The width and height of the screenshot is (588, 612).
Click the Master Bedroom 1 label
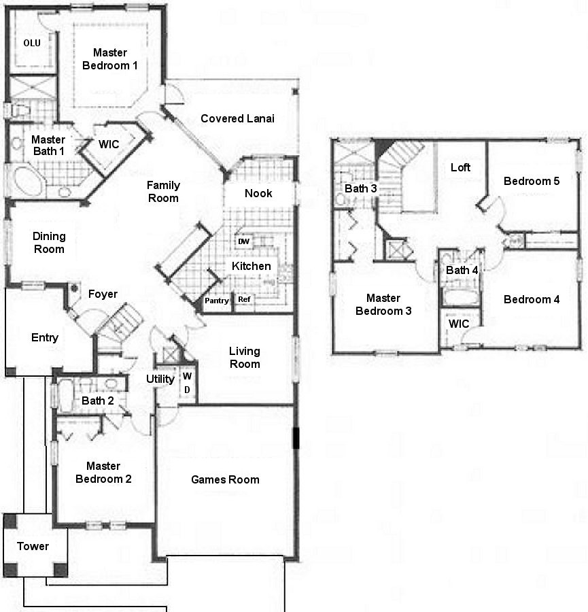click(x=116, y=59)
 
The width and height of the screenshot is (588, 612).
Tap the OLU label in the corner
click(x=32, y=43)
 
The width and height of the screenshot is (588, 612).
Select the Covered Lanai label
click(x=237, y=118)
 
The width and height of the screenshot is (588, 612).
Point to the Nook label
click(x=258, y=193)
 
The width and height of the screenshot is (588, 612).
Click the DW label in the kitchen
click(x=243, y=241)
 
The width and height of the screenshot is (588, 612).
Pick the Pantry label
click(x=217, y=301)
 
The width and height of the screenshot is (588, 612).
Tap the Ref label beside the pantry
click(x=243, y=299)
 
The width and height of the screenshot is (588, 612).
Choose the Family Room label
click(x=163, y=191)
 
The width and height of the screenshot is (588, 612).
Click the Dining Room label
click(x=49, y=243)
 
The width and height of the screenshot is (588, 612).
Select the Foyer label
click(x=103, y=294)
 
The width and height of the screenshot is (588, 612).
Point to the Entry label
click(x=45, y=338)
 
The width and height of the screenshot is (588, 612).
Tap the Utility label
click(x=160, y=379)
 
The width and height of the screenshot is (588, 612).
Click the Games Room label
click(x=225, y=479)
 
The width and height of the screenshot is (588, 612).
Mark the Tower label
click(x=33, y=546)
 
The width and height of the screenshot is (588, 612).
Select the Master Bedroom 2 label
click(x=104, y=473)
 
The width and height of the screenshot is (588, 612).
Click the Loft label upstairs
click(x=461, y=167)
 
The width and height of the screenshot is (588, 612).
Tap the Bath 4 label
click(x=462, y=270)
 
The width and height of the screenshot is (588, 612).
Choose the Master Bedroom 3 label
click(x=383, y=305)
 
